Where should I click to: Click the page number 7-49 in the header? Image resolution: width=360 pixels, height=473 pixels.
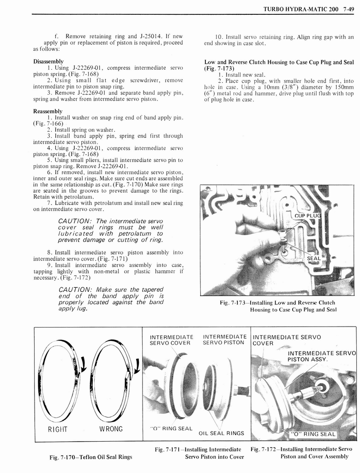click(346, 8)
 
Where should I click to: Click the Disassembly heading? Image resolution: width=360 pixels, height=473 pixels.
click(48, 61)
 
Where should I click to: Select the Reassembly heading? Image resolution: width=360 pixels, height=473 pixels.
click(48, 111)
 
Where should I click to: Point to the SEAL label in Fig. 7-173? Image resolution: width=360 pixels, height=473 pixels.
click(313, 259)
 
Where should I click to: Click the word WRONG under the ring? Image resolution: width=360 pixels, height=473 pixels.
click(110, 429)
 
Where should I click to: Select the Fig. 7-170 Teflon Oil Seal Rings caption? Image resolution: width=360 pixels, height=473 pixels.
click(90, 457)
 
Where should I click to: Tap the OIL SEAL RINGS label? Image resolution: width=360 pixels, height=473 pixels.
click(221, 433)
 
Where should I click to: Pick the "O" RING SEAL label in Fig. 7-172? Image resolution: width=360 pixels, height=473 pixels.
click(313, 434)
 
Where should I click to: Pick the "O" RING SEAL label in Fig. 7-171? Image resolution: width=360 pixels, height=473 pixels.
click(171, 428)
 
